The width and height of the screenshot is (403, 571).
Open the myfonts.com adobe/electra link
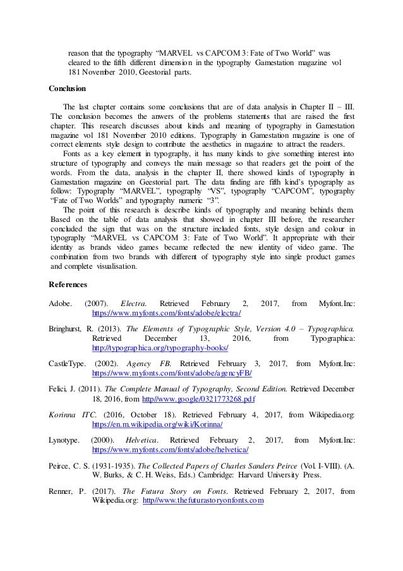click(167, 313)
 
